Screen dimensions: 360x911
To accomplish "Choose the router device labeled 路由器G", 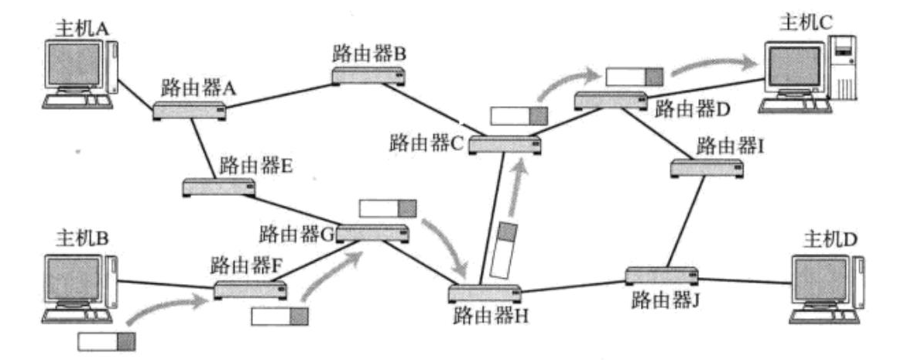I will tap(372, 232).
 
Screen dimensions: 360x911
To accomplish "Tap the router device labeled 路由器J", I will tap(661, 275).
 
